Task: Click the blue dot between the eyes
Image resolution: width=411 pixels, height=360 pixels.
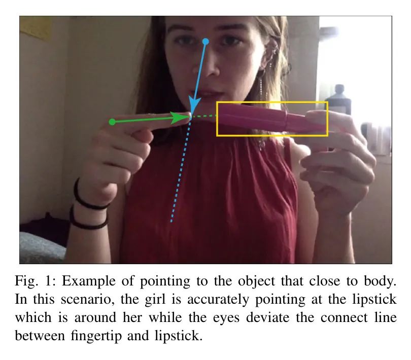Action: coord(206,42)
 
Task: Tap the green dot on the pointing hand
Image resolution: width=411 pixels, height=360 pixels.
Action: coord(112,122)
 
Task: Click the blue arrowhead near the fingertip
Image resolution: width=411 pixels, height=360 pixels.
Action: coord(194,106)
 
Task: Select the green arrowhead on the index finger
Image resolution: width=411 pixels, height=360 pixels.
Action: coord(180,118)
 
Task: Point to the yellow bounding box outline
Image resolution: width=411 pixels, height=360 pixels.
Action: coord(217,119)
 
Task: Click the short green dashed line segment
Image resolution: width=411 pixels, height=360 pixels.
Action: coord(204,116)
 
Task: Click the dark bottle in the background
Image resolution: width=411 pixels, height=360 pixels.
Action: coord(338,100)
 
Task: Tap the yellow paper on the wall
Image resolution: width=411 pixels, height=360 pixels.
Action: coord(35,27)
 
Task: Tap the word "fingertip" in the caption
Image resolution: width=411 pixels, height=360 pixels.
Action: coord(96,336)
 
